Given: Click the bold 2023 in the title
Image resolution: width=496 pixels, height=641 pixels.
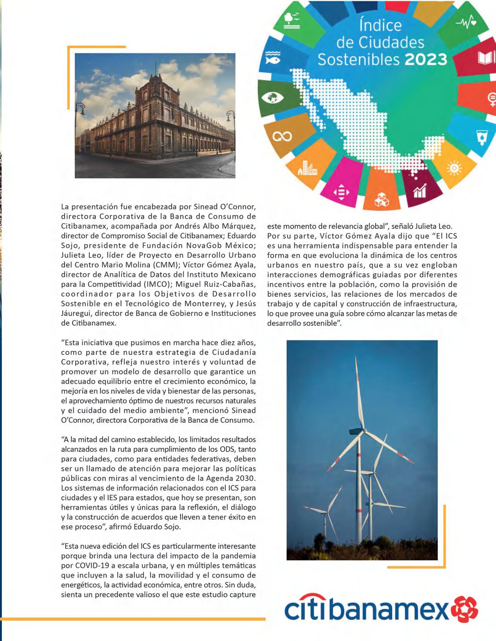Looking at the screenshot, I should click(426, 59).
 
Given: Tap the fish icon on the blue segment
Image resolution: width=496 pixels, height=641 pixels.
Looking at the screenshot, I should click(272, 57).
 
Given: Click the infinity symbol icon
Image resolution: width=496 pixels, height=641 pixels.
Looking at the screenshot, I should click(283, 136).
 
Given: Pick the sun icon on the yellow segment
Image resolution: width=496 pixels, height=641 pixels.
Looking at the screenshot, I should click(454, 168).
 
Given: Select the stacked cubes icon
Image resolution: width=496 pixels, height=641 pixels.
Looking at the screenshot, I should click(382, 200).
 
